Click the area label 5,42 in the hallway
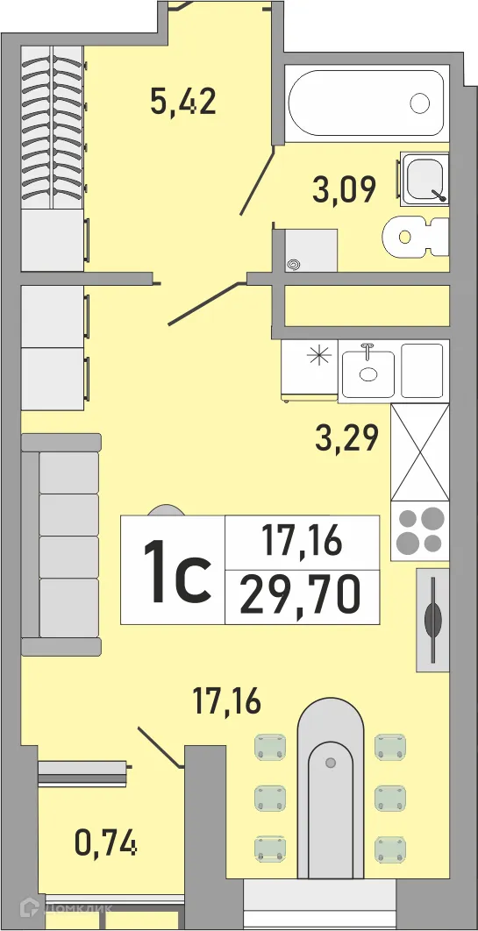click(x=182, y=103)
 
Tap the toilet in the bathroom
click(x=416, y=237)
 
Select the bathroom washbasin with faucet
click(x=424, y=179)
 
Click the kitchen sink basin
click(x=369, y=372)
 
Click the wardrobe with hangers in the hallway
click(x=54, y=127)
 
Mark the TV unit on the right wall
click(x=433, y=617)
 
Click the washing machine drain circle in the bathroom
click(x=293, y=262)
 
